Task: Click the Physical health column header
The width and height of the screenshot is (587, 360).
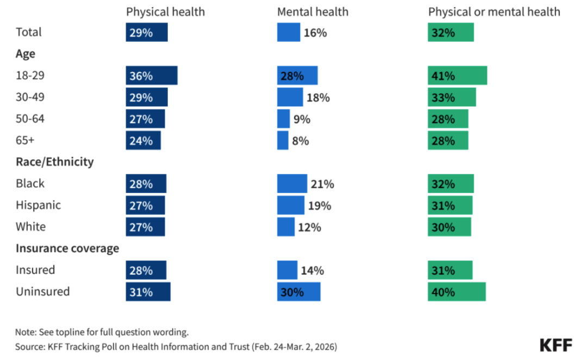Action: [x=165, y=12]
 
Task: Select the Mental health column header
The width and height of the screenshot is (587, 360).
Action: [x=313, y=12]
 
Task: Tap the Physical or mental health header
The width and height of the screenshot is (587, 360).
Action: [x=494, y=12]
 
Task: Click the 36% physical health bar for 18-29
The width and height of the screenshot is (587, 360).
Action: [x=152, y=75]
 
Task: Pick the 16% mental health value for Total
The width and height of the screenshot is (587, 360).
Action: [x=315, y=33]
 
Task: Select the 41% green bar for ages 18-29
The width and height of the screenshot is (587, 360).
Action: [x=458, y=75]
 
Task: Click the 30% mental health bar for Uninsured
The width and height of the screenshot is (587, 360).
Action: [x=299, y=292]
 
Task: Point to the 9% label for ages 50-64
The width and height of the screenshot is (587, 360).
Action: [x=302, y=120]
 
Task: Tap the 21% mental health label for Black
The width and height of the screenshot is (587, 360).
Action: [x=322, y=184]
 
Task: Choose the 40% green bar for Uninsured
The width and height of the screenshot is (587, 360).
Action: [x=457, y=292]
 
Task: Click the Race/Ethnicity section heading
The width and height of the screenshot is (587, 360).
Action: [x=55, y=162]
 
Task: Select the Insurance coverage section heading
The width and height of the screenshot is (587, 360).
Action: [x=67, y=249]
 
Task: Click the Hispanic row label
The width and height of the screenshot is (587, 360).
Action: [x=38, y=205]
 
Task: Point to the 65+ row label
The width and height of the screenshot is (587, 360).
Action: [x=25, y=140]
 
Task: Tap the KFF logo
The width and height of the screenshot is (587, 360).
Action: [x=556, y=345]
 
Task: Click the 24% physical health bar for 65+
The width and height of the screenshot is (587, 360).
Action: [x=143, y=140]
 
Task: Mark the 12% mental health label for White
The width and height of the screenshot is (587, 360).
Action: [x=310, y=227]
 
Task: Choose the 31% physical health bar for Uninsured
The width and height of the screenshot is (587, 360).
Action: [x=148, y=292]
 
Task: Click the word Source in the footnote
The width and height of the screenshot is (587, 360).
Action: [x=29, y=347]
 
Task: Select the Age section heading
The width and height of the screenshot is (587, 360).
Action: [x=26, y=54]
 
